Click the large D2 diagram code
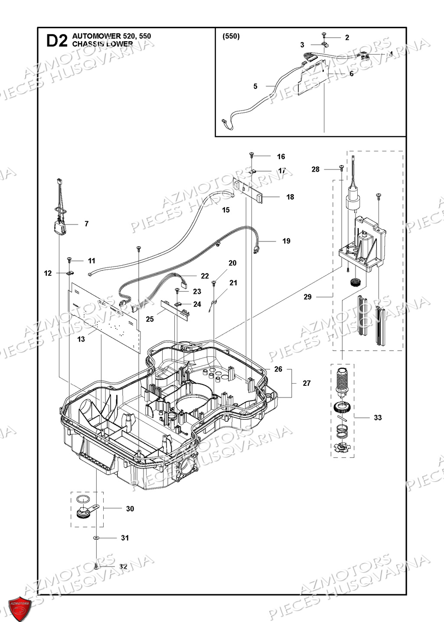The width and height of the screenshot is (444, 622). click(x=57, y=40)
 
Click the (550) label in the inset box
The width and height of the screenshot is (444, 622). click(x=231, y=36)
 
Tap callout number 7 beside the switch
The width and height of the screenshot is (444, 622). click(x=86, y=224)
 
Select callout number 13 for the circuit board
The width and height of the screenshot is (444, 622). click(x=81, y=339)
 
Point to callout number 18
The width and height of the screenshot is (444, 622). click(x=290, y=197)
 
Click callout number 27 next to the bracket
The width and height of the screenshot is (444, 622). click(x=307, y=383)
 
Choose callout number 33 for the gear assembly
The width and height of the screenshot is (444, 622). click(x=378, y=417)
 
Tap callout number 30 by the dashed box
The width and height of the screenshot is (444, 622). click(x=130, y=509)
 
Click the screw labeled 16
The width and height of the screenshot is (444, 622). click(x=251, y=155)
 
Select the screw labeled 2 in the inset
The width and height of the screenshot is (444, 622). click(x=324, y=34)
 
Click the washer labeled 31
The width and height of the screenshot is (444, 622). click(x=96, y=538)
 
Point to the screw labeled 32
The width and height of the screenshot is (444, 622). click(x=96, y=566)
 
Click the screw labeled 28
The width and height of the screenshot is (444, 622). click(x=341, y=167)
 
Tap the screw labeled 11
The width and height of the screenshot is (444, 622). click(x=69, y=259)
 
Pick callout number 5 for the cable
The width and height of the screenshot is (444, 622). click(x=255, y=86)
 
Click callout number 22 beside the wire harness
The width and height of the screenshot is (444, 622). click(x=205, y=276)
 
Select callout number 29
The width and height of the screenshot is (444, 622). click(x=307, y=297)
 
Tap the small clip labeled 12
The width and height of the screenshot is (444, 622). click(x=69, y=274)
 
